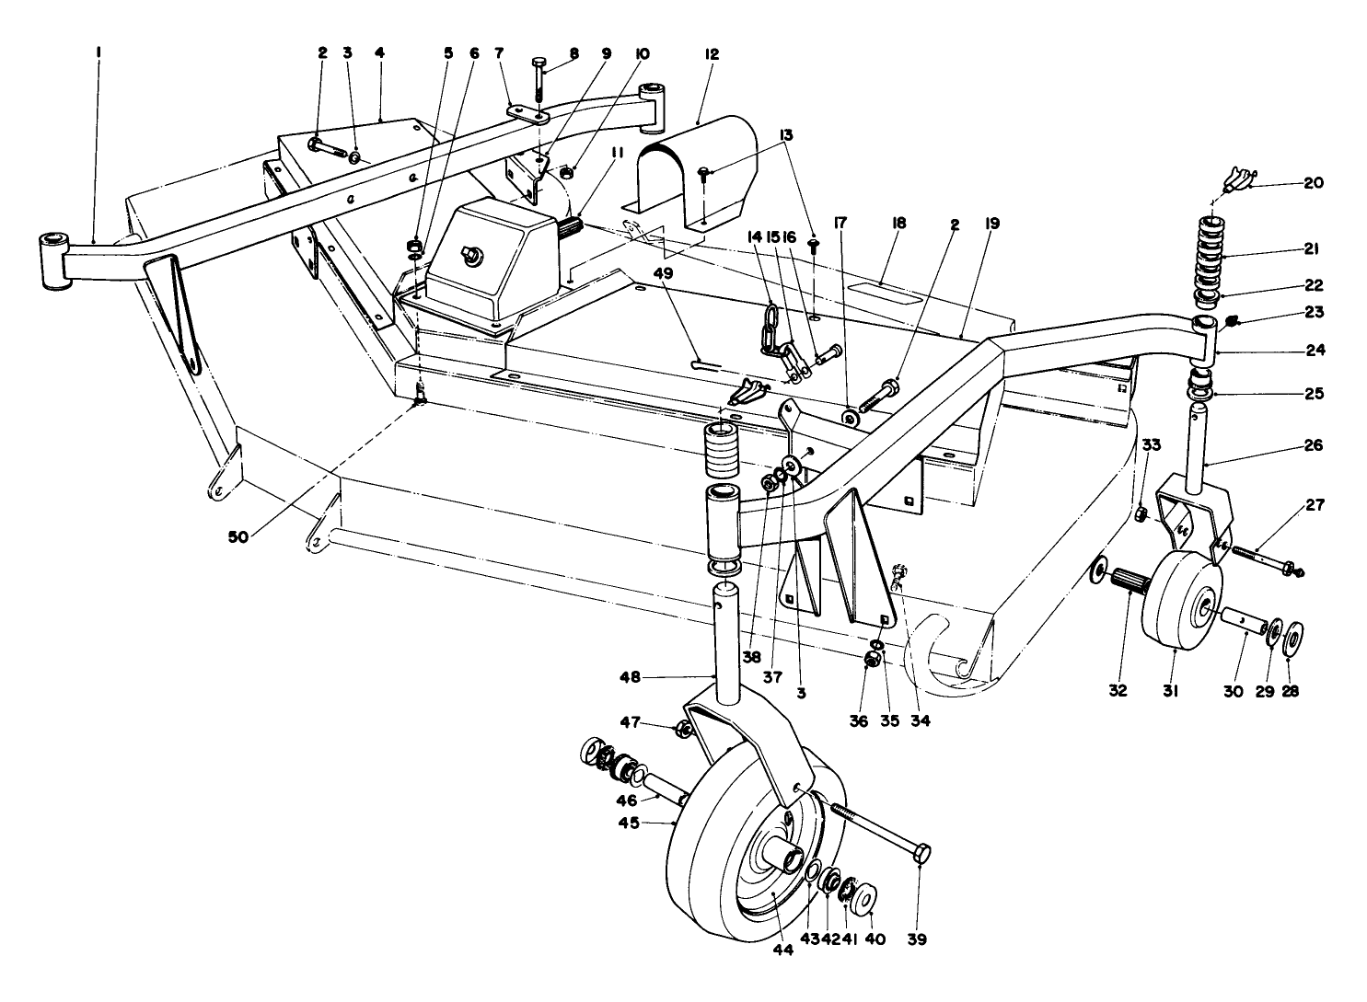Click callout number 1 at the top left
tap(98, 54)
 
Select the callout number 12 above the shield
tap(712, 54)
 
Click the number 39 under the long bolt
tap(917, 939)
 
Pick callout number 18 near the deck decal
tap(899, 224)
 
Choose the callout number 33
tap(1151, 444)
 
